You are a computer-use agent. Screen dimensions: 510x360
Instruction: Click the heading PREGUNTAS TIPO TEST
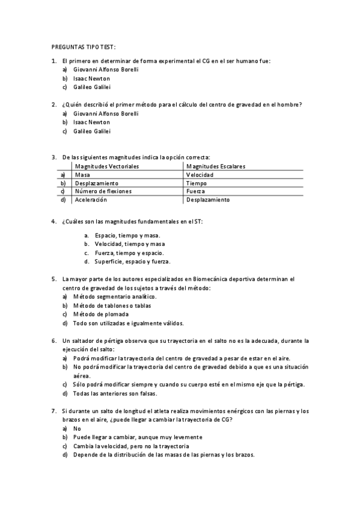pos(83,47)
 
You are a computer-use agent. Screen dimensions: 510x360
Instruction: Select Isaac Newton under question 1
pos(91,78)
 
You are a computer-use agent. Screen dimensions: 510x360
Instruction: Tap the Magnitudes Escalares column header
pos(215,166)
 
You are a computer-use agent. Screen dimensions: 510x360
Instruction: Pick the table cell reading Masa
pos(82,174)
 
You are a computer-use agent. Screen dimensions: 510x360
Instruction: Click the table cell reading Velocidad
pos(200,174)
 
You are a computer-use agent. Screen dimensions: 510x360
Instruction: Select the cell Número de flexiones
pos(103,191)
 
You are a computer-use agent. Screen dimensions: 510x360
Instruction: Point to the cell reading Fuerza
pos(196,191)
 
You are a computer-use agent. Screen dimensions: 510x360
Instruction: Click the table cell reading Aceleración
pos(91,200)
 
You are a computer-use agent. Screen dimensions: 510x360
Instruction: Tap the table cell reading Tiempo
pos(197,183)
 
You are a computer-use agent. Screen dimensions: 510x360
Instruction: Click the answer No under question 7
pos(77,428)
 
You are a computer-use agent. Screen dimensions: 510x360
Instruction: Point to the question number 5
pos(54,279)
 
